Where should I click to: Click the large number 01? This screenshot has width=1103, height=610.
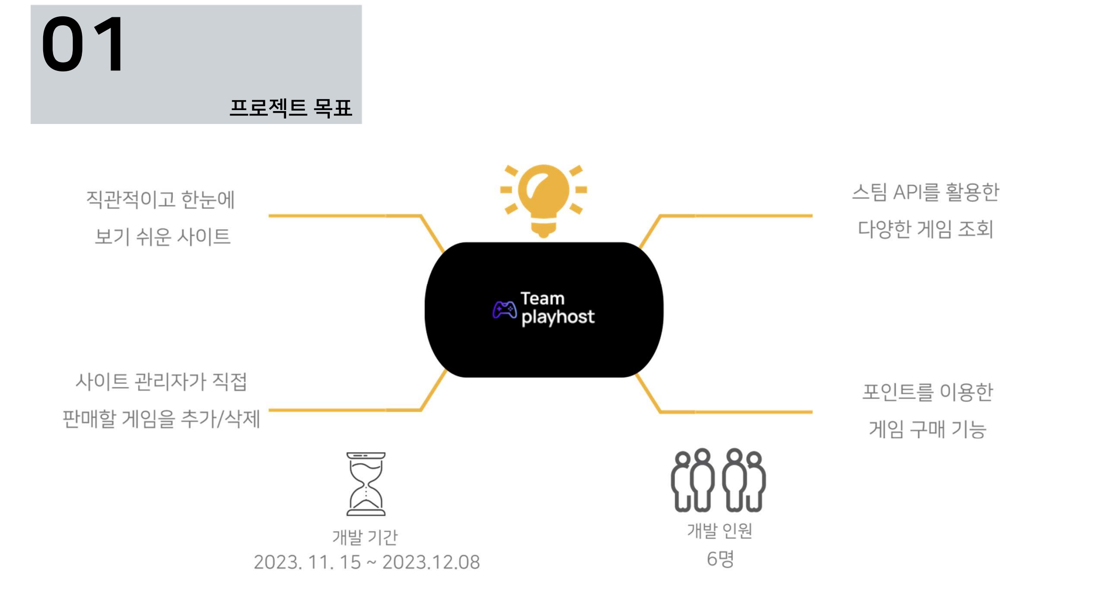click(83, 45)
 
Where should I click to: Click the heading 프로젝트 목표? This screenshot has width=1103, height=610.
click(291, 108)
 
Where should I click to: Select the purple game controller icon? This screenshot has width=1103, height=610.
click(504, 310)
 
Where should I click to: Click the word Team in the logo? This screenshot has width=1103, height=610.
click(543, 299)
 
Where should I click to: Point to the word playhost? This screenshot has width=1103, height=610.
click(558, 317)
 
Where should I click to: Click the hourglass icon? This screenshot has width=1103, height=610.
click(366, 484)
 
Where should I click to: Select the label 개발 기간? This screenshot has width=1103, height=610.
click(365, 537)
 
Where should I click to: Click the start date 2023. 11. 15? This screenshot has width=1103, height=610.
click(307, 562)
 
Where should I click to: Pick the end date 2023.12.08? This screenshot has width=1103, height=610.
click(431, 562)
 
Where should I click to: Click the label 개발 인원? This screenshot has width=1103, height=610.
click(720, 531)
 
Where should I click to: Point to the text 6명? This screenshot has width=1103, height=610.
click(720, 559)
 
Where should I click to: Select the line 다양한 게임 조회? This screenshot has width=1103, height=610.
click(925, 229)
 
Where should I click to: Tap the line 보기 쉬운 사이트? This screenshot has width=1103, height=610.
click(163, 237)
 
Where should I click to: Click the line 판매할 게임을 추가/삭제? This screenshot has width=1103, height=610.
click(161, 419)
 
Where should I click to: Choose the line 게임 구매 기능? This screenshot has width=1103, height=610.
click(927, 429)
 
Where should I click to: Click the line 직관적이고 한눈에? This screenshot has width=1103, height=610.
click(160, 199)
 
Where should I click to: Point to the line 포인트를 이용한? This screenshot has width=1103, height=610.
click(927, 392)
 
